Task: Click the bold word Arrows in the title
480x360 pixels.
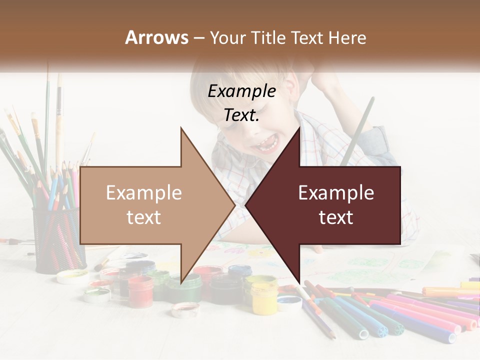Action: [x=156, y=37]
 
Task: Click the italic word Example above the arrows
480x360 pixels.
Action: [x=241, y=91]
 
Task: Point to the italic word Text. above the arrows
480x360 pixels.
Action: [x=241, y=115]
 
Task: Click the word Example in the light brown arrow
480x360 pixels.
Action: [x=143, y=193]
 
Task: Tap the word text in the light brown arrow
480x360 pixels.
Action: [x=143, y=217]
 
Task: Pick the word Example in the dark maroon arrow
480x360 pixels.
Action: [x=336, y=193]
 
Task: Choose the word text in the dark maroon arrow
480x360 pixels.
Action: [x=336, y=217]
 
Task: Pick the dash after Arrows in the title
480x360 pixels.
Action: [x=198, y=37]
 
